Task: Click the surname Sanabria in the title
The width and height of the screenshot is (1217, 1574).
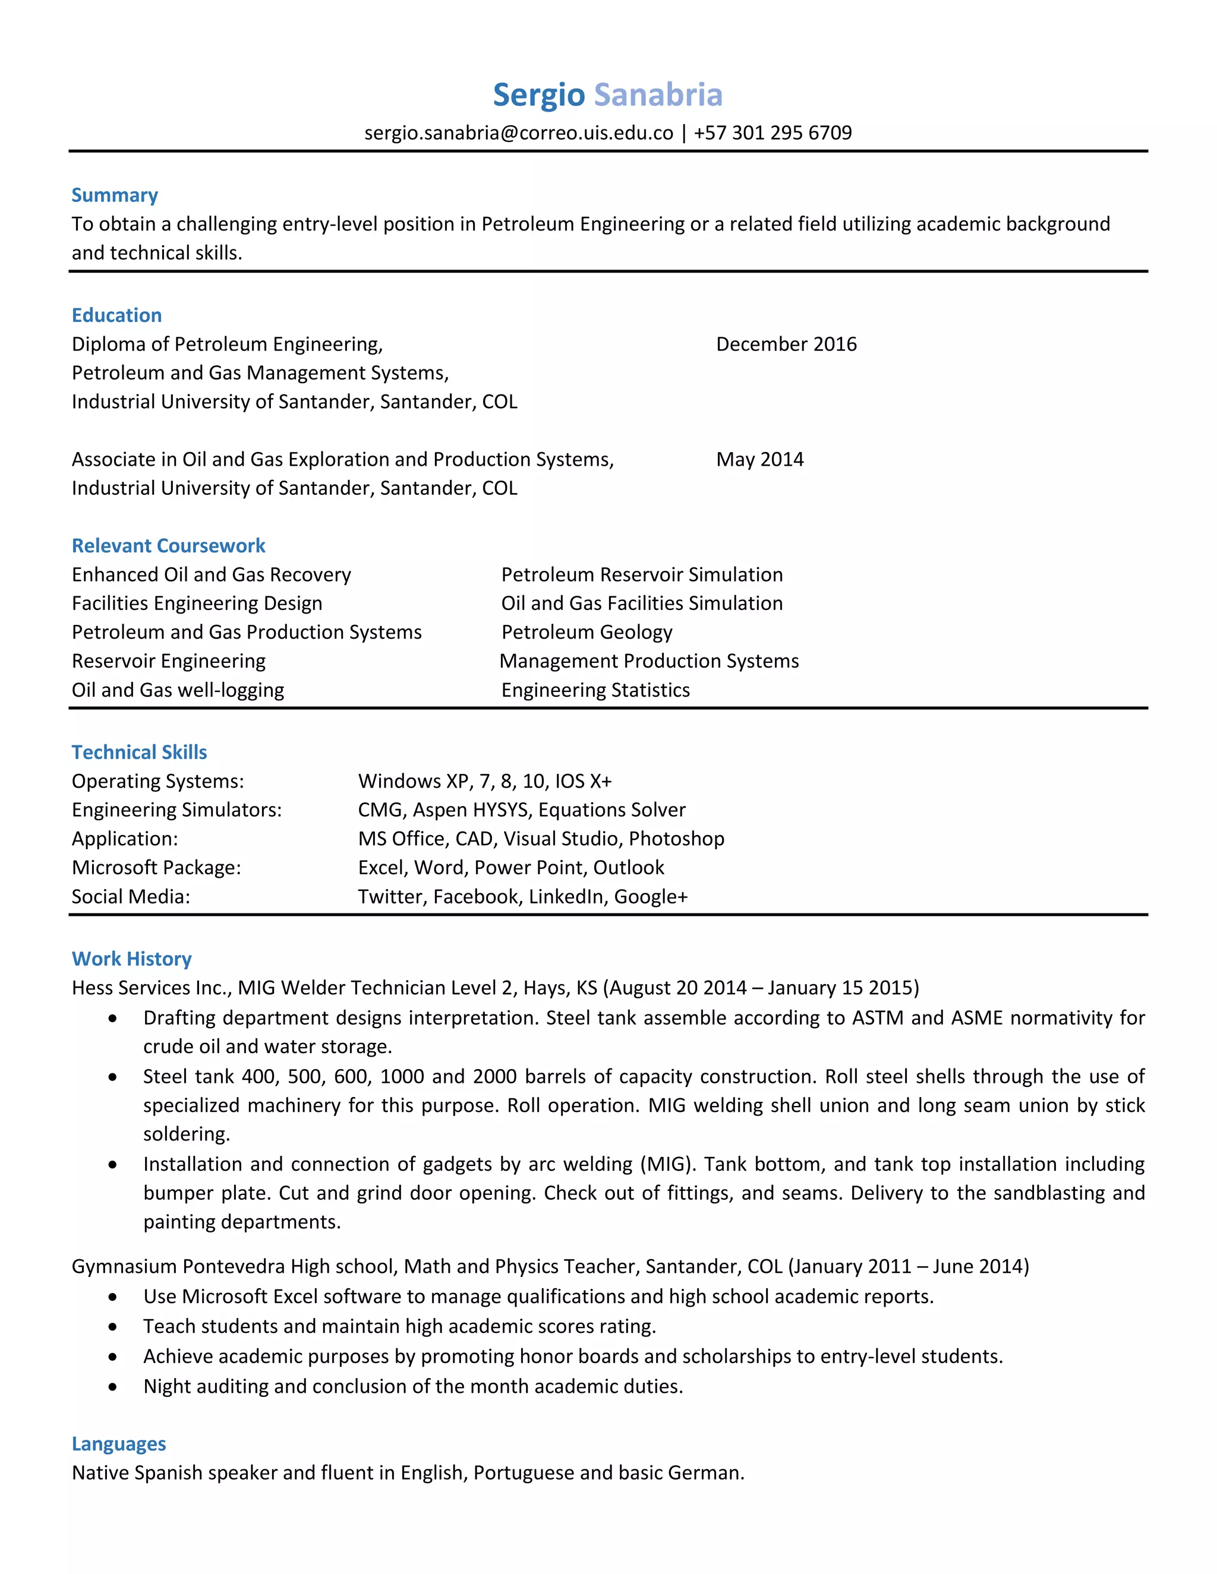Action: [658, 94]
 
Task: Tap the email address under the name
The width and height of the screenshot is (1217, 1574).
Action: [518, 132]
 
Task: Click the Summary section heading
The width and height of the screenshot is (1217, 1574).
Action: [115, 195]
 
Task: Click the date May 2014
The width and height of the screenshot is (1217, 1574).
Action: [759, 459]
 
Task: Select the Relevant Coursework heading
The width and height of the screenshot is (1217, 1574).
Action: [168, 546]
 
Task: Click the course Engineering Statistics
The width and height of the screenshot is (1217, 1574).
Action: [595, 690]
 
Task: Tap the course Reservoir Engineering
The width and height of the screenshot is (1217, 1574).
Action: [168, 661]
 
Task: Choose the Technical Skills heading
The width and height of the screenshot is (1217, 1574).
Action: [139, 753]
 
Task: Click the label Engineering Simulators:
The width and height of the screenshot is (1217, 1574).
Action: [176, 810]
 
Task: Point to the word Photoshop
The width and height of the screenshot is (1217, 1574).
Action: [676, 839]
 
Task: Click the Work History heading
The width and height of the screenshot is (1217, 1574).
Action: [131, 959]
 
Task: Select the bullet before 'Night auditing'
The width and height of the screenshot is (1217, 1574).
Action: [112, 1387]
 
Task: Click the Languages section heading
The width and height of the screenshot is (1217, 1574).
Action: [119, 1445]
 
